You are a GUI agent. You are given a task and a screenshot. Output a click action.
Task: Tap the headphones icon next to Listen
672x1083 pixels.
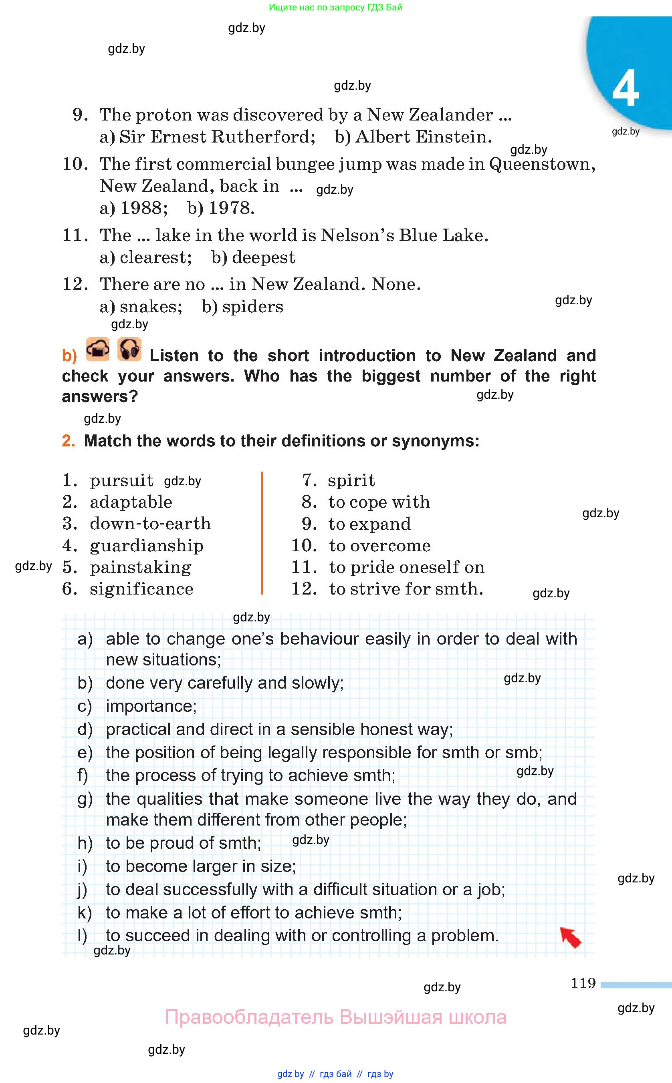pyautogui.click(x=129, y=350)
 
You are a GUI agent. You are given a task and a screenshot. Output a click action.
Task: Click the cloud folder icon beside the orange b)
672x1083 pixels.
pyautogui.click(x=98, y=350)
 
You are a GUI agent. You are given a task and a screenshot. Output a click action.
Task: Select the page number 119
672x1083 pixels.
pyautogui.click(x=583, y=983)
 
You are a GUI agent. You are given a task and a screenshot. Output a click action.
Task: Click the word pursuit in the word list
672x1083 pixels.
pyautogui.click(x=121, y=480)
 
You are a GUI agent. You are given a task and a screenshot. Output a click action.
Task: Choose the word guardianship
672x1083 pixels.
pyautogui.click(x=146, y=546)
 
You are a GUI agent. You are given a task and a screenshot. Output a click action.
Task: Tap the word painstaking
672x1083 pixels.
pyautogui.click(x=140, y=567)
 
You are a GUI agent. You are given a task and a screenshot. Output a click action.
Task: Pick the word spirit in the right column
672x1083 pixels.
pyautogui.click(x=351, y=480)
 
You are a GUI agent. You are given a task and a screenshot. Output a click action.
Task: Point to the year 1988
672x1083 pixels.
pyautogui.click(x=143, y=208)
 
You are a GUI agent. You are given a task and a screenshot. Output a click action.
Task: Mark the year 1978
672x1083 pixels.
pyautogui.click(x=231, y=208)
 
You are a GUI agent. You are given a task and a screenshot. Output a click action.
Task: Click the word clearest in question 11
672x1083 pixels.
pyautogui.click(x=155, y=257)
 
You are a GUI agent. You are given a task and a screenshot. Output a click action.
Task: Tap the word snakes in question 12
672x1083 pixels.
pyautogui.click(x=151, y=307)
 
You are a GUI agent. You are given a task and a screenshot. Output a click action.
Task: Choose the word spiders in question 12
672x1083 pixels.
pyautogui.click(x=252, y=307)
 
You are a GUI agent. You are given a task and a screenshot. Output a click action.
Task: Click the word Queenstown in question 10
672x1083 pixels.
pyautogui.click(x=542, y=164)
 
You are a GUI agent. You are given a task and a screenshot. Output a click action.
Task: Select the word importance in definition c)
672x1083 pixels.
pyautogui.click(x=151, y=706)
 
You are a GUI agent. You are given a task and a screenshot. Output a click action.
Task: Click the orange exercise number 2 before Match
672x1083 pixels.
pyautogui.click(x=68, y=441)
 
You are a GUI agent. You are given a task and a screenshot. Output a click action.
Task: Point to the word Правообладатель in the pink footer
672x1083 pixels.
pyautogui.click(x=249, y=1017)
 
